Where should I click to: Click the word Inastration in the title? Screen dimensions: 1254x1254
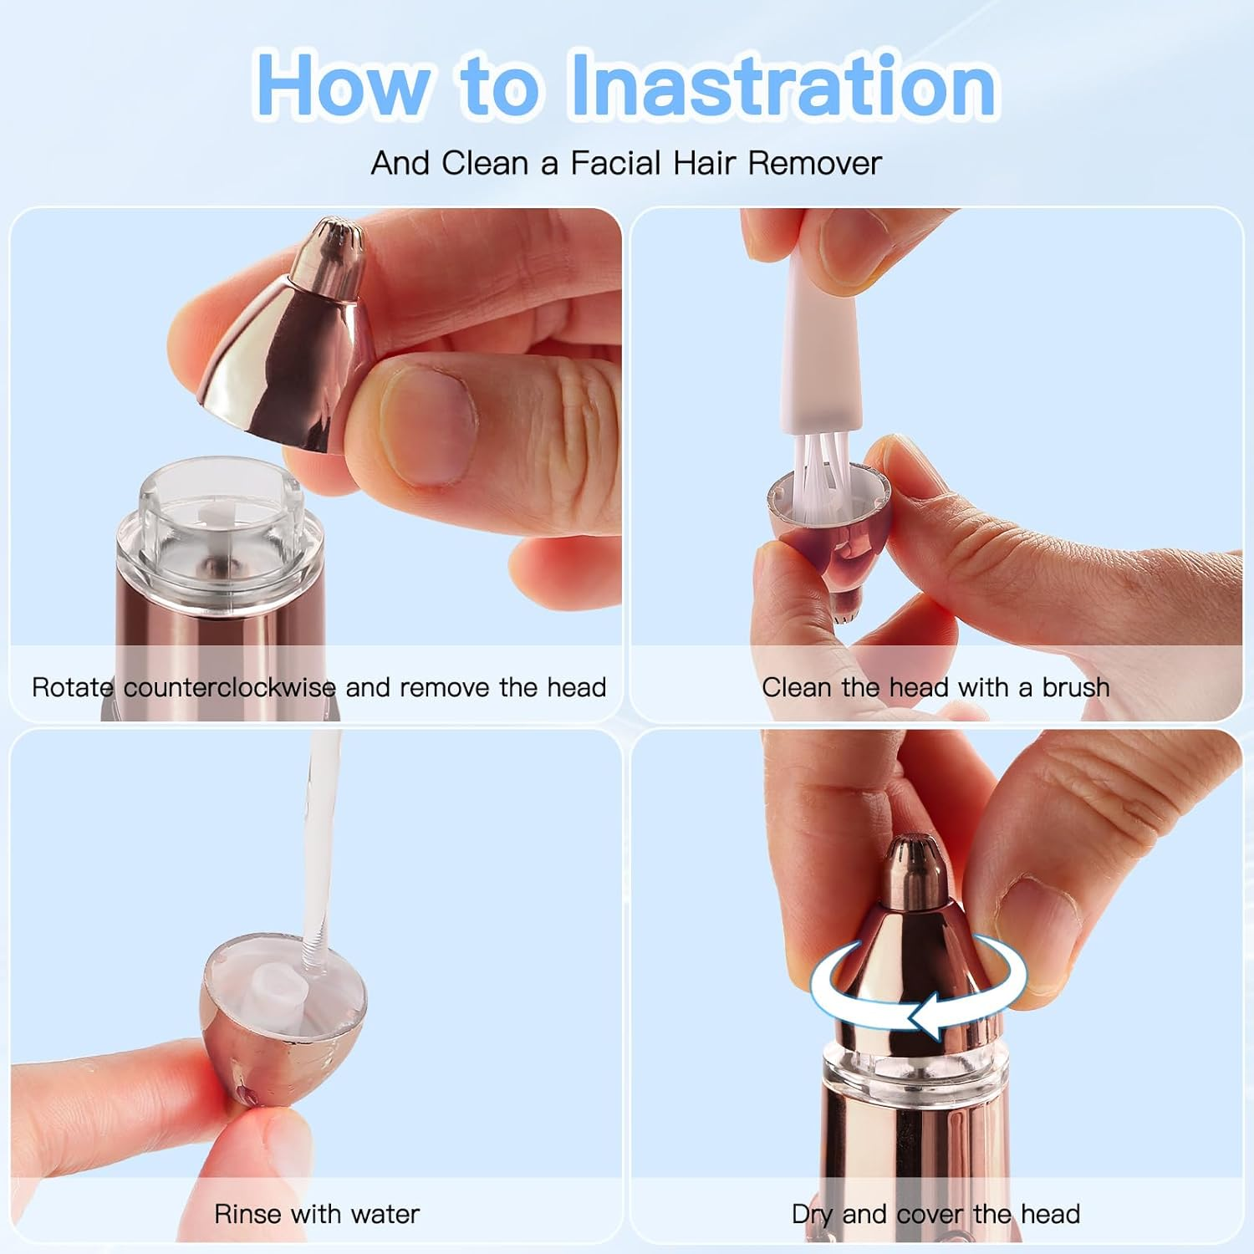(x=782, y=84)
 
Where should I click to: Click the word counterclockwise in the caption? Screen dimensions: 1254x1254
(x=230, y=687)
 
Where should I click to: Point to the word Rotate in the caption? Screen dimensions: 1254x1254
(x=72, y=687)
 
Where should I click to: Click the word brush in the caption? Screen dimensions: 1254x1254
(x=1076, y=687)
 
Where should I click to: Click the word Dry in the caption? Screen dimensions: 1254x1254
(x=812, y=1215)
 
